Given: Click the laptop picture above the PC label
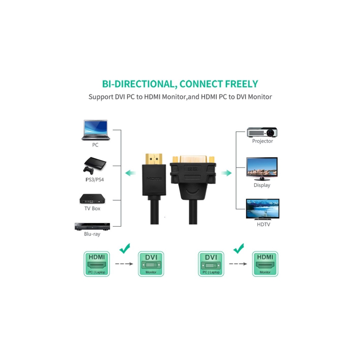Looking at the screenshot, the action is (95, 130).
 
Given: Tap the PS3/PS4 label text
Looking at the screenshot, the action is (95, 180).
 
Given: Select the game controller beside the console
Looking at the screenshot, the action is (89, 170).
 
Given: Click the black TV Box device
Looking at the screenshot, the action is (92, 199).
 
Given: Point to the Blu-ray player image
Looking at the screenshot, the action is (92, 226).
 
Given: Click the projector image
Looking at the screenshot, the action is (262, 132).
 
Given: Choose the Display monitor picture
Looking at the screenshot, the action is (262, 169).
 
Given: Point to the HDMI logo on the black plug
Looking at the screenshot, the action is (154, 179).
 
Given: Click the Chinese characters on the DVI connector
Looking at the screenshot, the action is (193, 169).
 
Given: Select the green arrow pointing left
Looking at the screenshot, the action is (130, 173).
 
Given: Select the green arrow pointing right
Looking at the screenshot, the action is (226, 173).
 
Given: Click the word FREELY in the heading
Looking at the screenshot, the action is (242, 84).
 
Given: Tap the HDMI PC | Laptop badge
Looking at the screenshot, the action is (96, 264).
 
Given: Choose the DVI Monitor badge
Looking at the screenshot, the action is (151, 264).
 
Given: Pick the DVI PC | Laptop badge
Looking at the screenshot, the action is (211, 264).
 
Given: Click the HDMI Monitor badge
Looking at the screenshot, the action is (265, 264).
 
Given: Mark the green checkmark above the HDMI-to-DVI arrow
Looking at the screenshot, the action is (125, 248).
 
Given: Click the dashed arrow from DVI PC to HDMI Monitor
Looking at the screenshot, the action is (238, 264).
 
